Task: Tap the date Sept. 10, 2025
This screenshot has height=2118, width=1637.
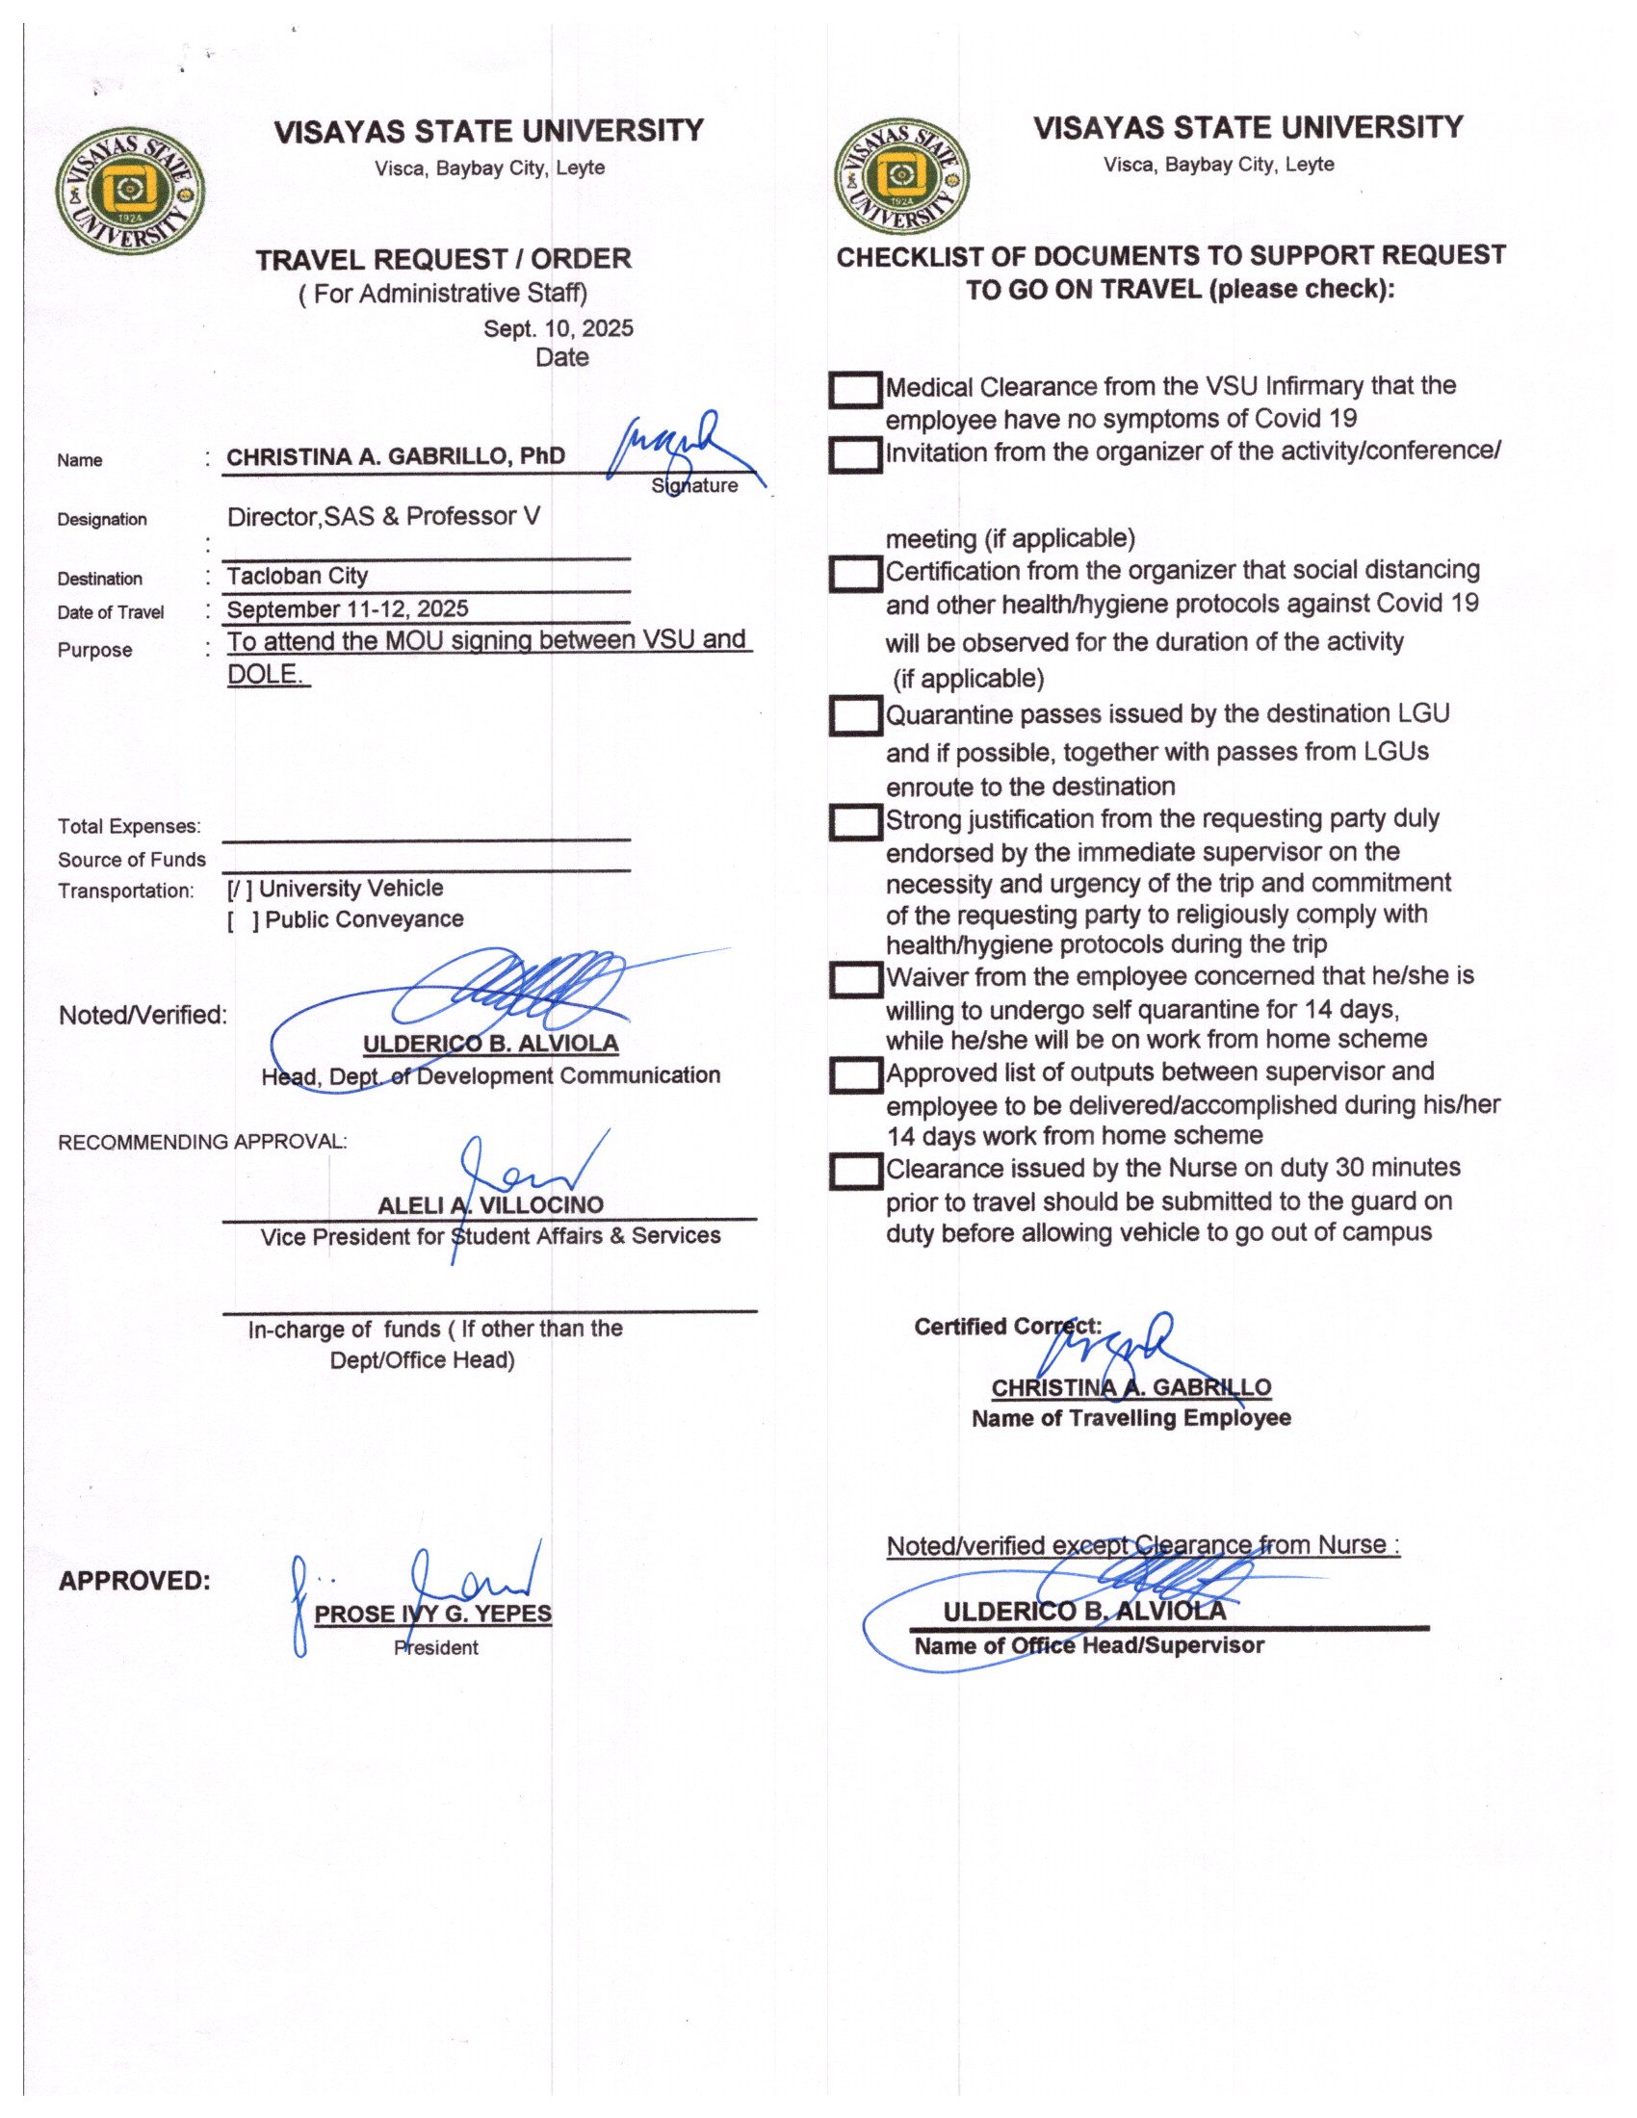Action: (558, 327)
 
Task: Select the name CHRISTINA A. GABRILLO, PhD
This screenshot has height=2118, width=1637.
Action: (396, 456)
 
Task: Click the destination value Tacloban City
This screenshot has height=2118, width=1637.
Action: (298, 576)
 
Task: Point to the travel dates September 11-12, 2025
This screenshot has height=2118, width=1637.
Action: (348, 609)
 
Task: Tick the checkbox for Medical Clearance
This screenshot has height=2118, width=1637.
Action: (854, 390)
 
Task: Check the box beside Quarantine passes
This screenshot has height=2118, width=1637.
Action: (854, 716)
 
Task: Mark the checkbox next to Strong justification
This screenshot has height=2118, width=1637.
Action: (854, 822)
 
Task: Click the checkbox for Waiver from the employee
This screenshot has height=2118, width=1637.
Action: (854, 979)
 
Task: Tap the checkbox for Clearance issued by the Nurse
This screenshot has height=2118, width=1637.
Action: (854, 1172)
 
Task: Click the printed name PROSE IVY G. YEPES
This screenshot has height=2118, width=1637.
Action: (433, 1614)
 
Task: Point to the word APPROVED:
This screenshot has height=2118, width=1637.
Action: (135, 1581)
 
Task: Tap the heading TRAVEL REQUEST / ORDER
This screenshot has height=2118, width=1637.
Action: (443, 259)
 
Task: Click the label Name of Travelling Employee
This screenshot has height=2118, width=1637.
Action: (1130, 1418)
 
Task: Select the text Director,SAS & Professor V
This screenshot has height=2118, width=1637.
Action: (384, 516)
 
